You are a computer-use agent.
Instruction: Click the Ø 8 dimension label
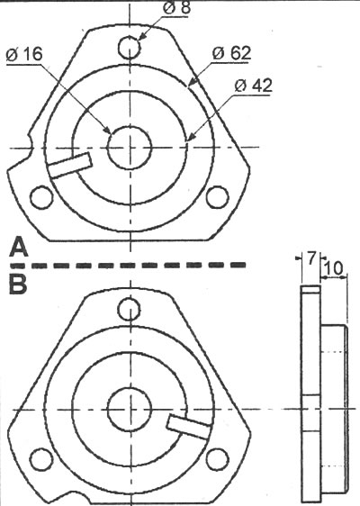176,7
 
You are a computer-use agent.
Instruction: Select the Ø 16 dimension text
24,55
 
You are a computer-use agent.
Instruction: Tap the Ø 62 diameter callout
231,53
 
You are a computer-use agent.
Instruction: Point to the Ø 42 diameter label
253,86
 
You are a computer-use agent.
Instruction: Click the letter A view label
18,247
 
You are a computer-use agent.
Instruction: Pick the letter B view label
18,285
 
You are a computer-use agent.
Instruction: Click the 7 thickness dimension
310,258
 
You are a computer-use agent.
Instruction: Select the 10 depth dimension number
333,267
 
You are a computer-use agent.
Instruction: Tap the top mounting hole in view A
130,47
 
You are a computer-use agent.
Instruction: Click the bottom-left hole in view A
41,197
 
